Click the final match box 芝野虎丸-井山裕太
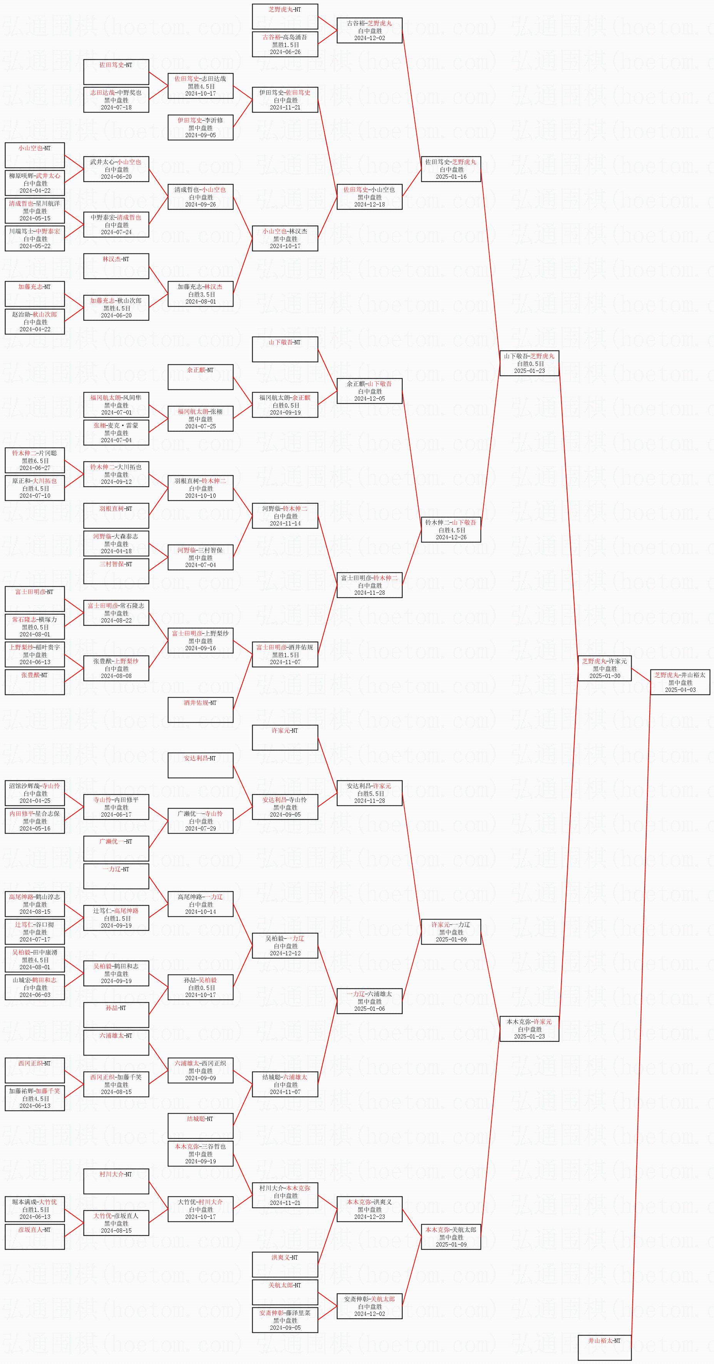(680, 682)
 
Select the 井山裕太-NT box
(605, 1347)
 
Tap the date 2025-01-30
(605, 676)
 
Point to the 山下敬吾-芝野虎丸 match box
(529, 363)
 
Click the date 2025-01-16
(451, 177)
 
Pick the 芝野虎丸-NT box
(285, 17)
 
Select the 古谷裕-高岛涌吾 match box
(285, 44)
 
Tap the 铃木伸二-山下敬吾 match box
(451, 530)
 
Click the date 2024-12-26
(451, 537)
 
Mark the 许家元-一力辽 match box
(451, 932)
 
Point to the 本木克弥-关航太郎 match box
(451, 1237)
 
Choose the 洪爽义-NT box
(285, 1265)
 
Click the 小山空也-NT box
(35, 155)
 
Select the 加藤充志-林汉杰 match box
(201, 294)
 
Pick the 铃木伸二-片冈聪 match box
(35, 460)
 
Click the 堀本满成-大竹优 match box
(35, 1209)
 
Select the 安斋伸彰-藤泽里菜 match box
(285, 1320)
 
